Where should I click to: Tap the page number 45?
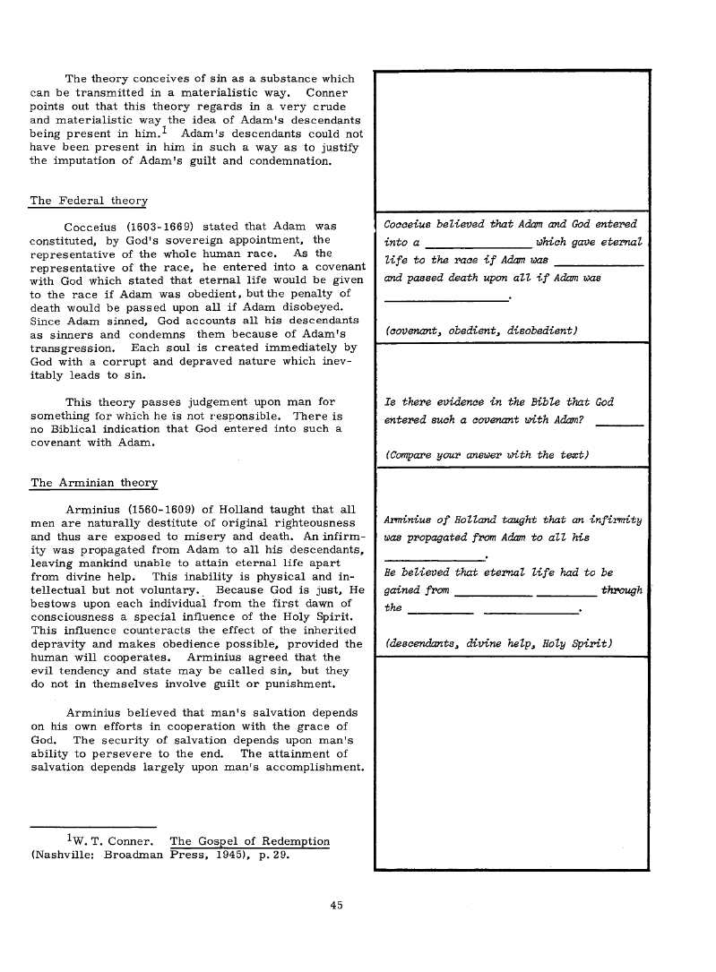pos(336,906)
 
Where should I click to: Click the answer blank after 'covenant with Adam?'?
pos(619,422)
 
